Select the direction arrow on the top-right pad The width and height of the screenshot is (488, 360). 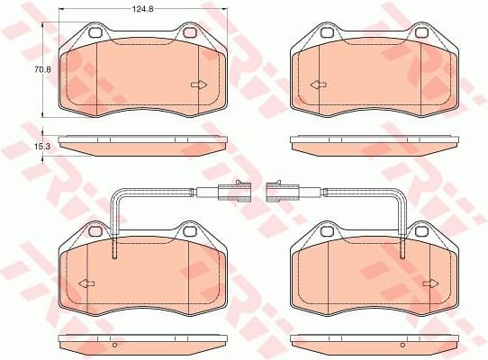click(317, 85)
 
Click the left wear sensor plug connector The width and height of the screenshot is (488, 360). click(227, 190)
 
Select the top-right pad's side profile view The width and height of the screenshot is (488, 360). click(374, 145)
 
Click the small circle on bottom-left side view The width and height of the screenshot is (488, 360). click(114, 345)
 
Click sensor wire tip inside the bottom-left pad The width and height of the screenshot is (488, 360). click(113, 256)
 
